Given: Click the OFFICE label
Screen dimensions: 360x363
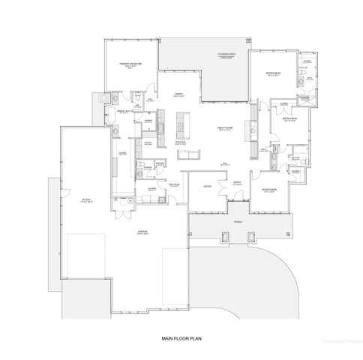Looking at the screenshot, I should [x=207, y=185].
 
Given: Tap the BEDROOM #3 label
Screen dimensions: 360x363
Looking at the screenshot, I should [x=290, y=119].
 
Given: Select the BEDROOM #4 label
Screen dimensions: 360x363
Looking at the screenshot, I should [x=269, y=189].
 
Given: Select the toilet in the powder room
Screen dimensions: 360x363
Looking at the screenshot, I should [x=141, y=166].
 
